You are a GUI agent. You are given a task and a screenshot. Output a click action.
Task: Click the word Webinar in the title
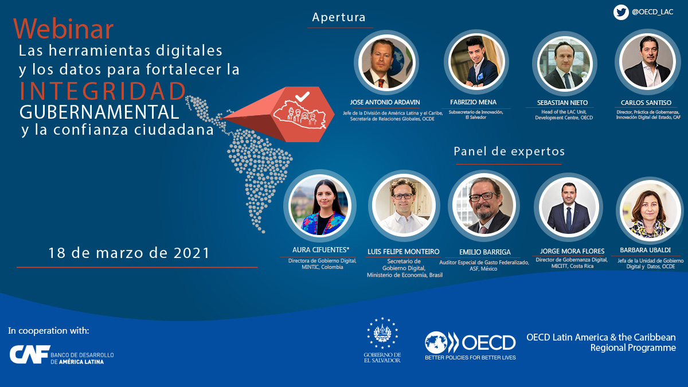64,29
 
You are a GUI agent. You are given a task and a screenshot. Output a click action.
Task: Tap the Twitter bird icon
621,12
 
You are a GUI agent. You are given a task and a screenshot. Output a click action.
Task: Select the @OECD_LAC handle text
652,12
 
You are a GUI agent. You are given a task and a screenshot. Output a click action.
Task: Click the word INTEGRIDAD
103,91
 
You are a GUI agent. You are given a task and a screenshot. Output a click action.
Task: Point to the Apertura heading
339,17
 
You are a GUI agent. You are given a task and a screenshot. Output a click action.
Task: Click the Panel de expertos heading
509,151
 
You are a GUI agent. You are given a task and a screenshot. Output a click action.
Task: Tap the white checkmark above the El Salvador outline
302,96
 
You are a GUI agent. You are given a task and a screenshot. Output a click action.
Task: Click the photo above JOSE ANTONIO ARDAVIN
386,62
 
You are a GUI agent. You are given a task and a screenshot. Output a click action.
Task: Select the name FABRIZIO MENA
474,102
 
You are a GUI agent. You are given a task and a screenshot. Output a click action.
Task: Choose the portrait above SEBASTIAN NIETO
565,64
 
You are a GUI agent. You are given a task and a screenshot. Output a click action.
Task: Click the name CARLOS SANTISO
646,103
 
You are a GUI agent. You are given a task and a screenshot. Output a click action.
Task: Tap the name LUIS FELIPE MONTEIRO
403,252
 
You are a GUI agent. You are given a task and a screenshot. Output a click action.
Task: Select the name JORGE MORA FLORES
572,251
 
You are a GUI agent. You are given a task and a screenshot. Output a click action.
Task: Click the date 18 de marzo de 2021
129,253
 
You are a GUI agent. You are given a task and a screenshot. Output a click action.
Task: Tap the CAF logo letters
30,354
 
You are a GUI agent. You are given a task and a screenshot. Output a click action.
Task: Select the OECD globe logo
436,342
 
